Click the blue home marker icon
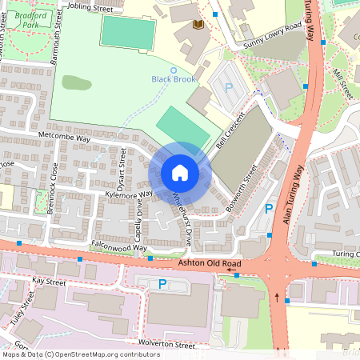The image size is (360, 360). pyautogui.click(x=180, y=172)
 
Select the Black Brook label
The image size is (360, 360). pyautogui.click(x=172, y=78)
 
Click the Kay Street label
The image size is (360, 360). pyautogui.click(x=50, y=282)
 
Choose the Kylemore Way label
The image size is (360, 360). pyautogui.click(x=124, y=195)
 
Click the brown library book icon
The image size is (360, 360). pyautogui.click(x=198, y=26)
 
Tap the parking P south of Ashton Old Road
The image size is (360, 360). pyautogui.click(x=162, y=284)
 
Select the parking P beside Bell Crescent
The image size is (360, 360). pyautogui.click(x=229, y=88)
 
